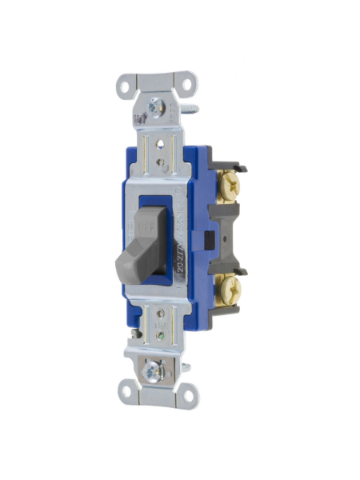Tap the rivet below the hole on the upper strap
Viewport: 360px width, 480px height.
pyautogui.click(x=161, y=163)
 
